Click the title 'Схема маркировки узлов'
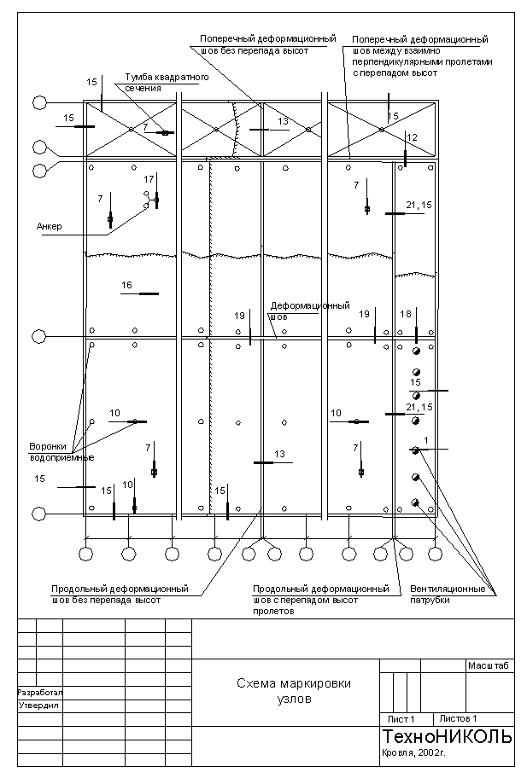(294, 690)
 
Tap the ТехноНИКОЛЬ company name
(447, 736)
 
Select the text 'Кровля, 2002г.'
(414, 754)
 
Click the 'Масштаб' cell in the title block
(488, 665)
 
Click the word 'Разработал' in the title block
(40, 693)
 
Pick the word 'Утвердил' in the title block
(37, 705)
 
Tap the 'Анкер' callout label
(50, 226)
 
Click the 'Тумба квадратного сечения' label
(167, 82)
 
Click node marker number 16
(127, 285)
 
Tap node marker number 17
(149, 179)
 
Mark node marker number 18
(406, 314)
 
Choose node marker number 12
(412, 137)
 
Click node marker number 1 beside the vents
(425, 440)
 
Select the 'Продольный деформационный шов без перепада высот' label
(120, 594)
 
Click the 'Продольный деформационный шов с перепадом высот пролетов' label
(320, 599)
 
